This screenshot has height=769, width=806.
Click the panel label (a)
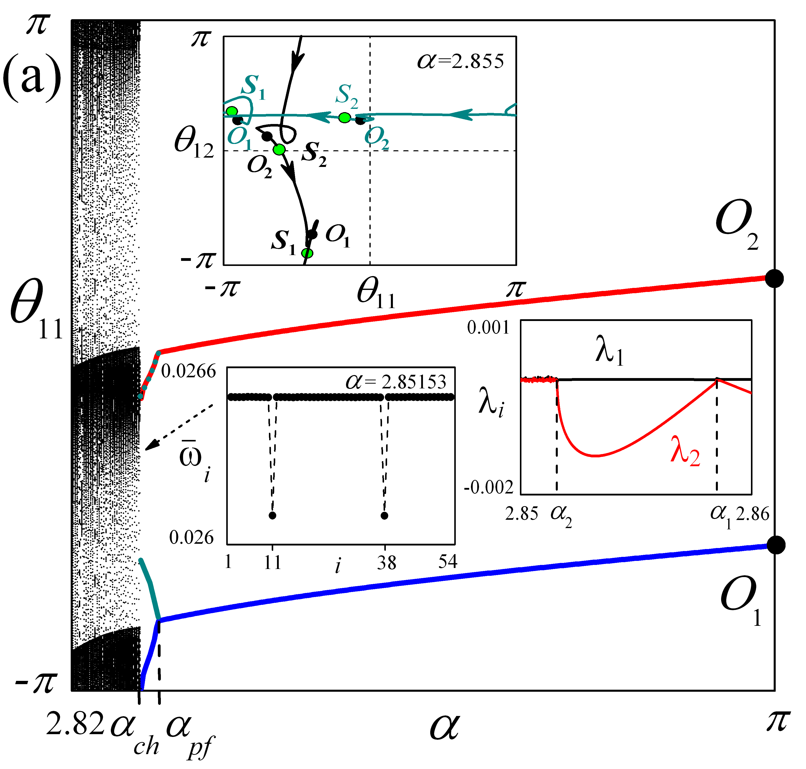[32, 78]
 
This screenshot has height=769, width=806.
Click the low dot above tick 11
[272, 515]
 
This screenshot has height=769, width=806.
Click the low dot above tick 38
[384, 515]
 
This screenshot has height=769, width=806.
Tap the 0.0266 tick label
[188, 371]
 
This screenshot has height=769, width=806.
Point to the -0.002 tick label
[488, 488]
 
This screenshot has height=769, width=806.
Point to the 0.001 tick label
[488, 328]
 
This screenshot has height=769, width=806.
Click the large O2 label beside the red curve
[736, 226]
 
